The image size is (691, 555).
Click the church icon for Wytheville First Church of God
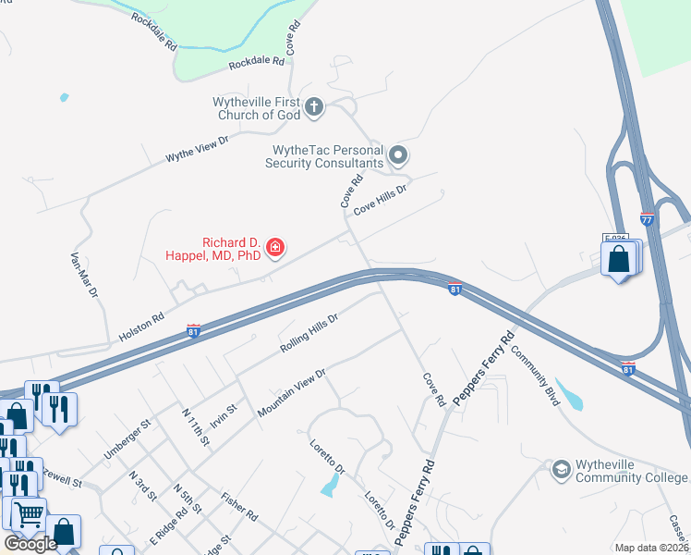pyautogui.click(x=314, y=107)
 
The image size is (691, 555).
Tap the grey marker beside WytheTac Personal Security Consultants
pyautogui.click(x=399, y=154)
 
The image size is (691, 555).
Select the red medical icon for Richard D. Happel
pyautogui.click(x=274, y=247)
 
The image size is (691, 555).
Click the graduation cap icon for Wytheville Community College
pyautogui.click(x=560, y=470)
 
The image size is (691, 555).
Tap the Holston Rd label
pyautogui.click(x=141, y=323)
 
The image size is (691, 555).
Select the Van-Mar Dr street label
pyautogui.click(x=84, y=275)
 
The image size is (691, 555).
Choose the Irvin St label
pyautogui.click(x=224, y=413)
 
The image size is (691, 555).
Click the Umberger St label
pyautogui.click(x=127, y=439)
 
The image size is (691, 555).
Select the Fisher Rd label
pyautogui.click(x=238, y=506)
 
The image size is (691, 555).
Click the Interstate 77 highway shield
pyautogui.click(x=647, y=219)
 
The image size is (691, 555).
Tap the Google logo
pyautogui.click(x=30, y=544)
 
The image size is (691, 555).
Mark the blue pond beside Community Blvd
pyautogui.click(x=571, y=395)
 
